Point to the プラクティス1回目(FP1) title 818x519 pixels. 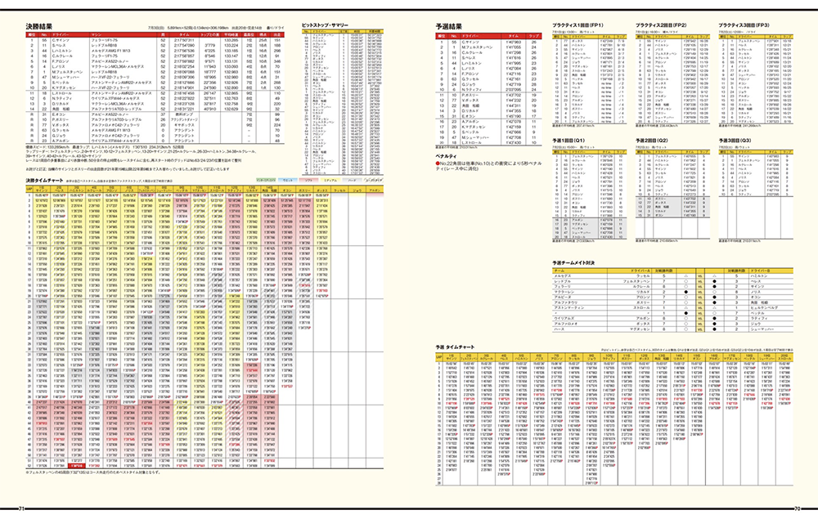click(578, 26)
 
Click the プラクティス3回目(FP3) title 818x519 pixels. click(745, 26)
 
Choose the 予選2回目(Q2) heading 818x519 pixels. click(659, 141)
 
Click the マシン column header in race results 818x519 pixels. click(98, 35)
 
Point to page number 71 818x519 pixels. click(23, 509)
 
